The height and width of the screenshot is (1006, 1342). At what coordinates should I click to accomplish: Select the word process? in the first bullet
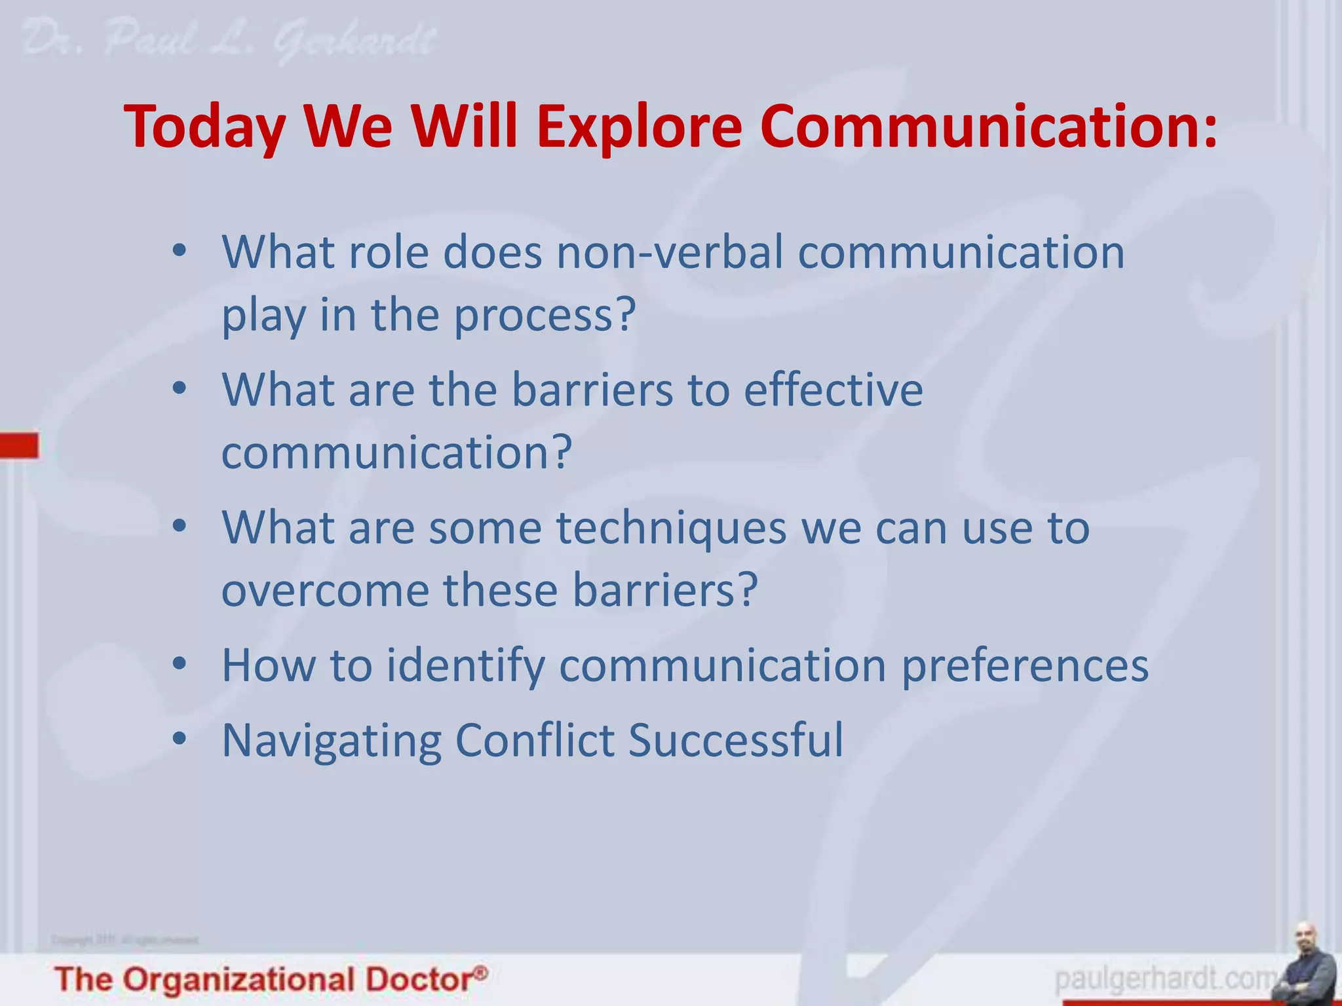[545, 316]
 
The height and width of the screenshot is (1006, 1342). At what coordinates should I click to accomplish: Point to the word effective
[834, 390]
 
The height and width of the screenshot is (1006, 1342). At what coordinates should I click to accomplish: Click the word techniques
[672, 528]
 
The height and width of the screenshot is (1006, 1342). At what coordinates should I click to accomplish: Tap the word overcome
[325, 590]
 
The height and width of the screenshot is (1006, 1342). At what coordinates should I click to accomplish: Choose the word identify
[465, 666]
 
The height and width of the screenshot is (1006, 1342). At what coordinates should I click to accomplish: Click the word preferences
[1025, 666]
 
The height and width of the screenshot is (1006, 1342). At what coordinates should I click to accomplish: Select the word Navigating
[332, 741]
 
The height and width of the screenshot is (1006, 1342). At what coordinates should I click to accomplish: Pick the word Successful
[735, 740]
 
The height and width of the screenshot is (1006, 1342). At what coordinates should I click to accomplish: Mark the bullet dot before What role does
[180, 251]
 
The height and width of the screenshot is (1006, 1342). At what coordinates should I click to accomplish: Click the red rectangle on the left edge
[19, 445]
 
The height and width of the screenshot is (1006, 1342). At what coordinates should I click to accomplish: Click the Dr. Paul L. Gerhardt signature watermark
[229, 41]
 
